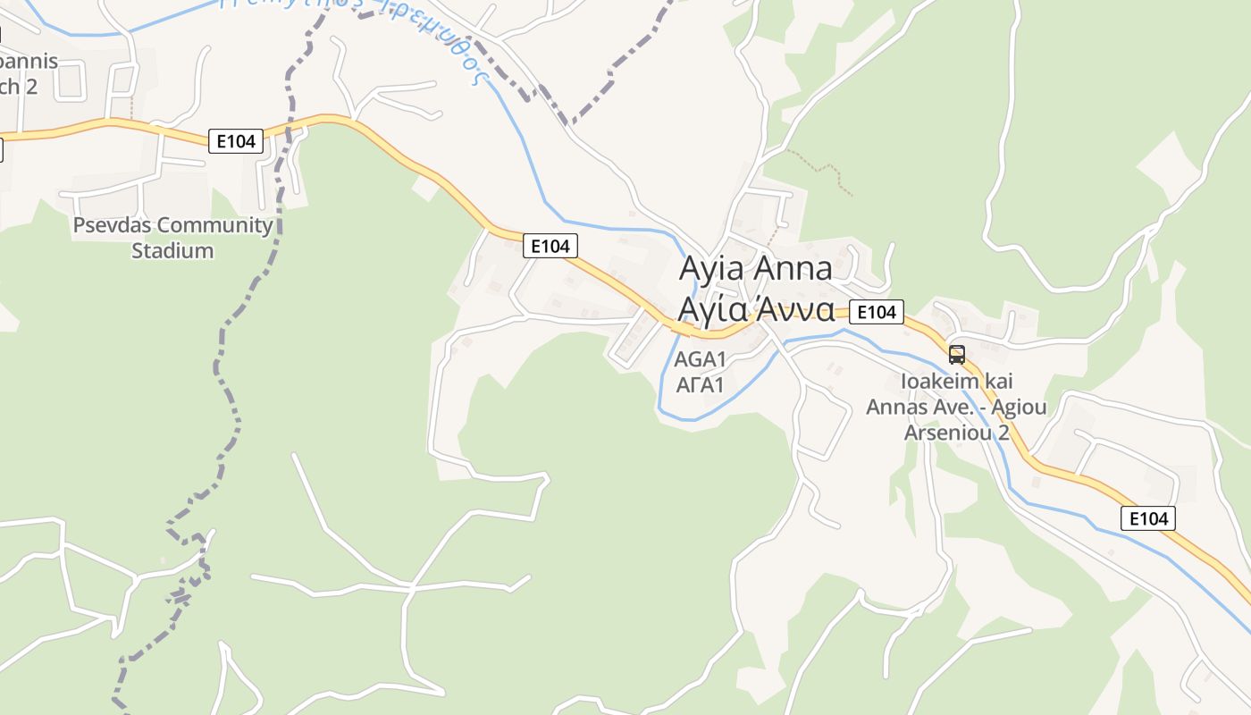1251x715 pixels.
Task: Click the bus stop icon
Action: [957, 355]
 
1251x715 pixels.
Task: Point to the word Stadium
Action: [172, 251]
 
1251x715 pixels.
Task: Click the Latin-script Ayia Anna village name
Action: [756, 268]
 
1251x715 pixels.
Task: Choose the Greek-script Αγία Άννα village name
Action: [756, 309]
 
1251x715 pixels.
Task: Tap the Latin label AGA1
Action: [700, 360]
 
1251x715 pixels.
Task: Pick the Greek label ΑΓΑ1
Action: [700, 385]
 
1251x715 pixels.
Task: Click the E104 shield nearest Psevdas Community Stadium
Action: [236, 141]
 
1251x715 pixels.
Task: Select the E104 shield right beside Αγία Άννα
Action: [876, 312]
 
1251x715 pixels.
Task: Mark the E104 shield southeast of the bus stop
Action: [1148, 518]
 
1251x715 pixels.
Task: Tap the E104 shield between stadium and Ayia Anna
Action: [550, 247]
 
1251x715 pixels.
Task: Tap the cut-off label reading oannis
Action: [27, 62]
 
